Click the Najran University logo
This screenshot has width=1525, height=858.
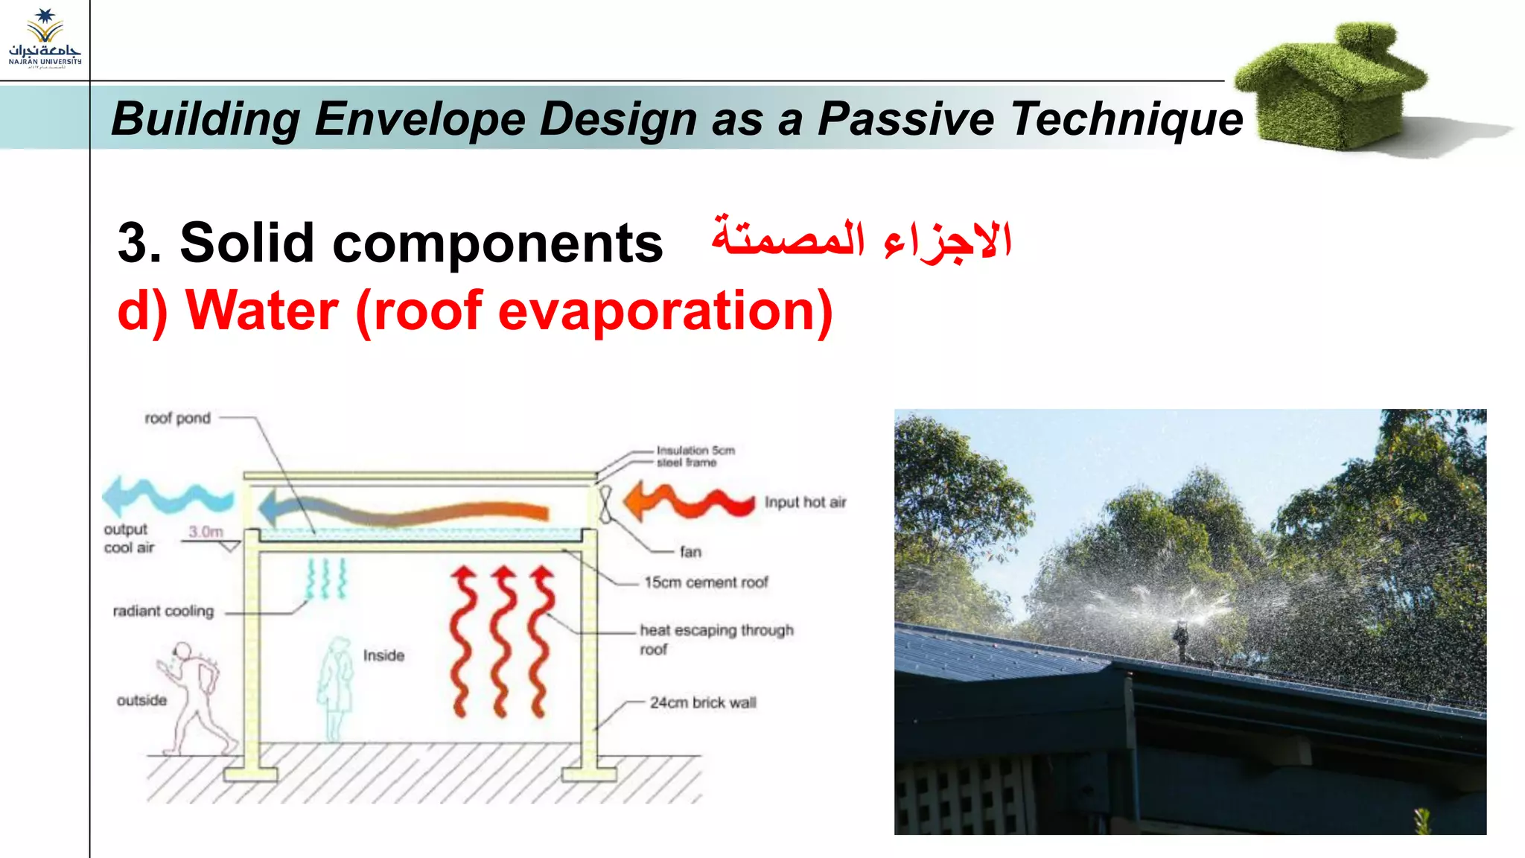(x=45, y=37)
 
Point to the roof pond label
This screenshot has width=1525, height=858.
(x=177, y=419)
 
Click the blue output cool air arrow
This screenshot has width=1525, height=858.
(x=167, y=498)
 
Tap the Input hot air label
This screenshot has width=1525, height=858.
(x=805, y=503)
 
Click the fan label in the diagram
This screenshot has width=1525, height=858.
(x=690, y=552)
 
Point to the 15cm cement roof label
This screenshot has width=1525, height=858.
(x=706, y=582)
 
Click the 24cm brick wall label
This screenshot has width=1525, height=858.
(x=702, y=702)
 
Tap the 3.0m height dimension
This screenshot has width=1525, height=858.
(x=206, y=532)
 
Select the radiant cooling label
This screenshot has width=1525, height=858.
(x=163, y=611)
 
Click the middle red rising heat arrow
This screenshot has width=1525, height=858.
(x=502, y=641)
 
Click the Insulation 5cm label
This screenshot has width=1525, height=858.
(x=695, y=451)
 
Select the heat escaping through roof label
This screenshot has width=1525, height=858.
(x=716, y=639)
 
